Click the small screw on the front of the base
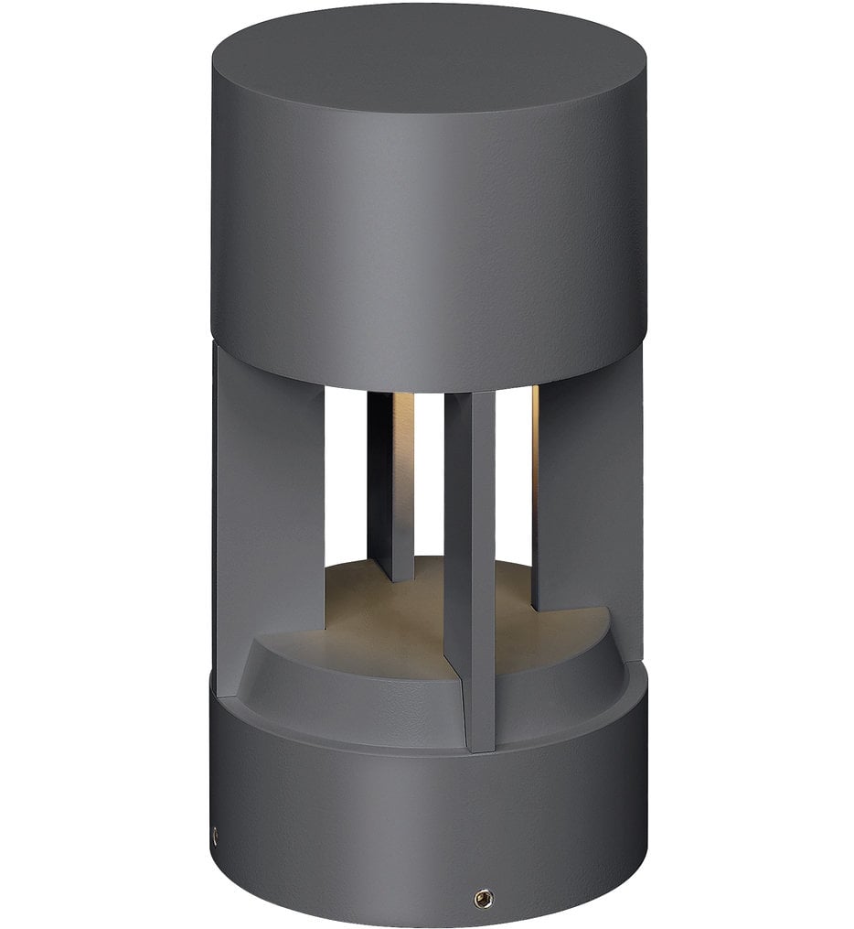(x=478, y=899)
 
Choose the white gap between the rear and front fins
(x=430, y=476)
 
